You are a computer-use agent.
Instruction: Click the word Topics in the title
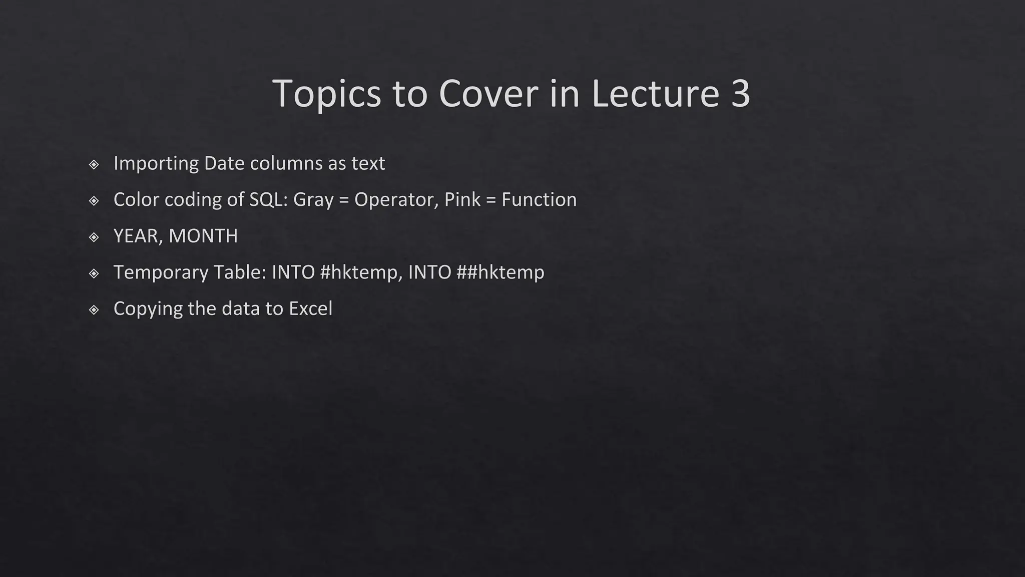pos(326,94)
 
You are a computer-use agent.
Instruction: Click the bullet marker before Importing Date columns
pos(94,164)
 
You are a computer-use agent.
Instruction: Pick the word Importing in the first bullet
pos(156,163)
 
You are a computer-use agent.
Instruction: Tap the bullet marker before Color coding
pos(94,201)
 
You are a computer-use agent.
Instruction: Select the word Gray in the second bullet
pos(313,200)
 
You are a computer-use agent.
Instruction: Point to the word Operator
pos(396,200)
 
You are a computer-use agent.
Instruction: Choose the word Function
pos(539,199)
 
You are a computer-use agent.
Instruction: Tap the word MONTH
pos(203,236)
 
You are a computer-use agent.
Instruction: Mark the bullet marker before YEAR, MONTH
pos(94,237)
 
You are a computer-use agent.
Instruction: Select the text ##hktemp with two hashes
pos(500,272)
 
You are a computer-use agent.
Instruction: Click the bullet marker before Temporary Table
pos(94,273)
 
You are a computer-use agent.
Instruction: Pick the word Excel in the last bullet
pos(310,309)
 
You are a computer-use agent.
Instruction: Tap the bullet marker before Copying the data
pos(94,310)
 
